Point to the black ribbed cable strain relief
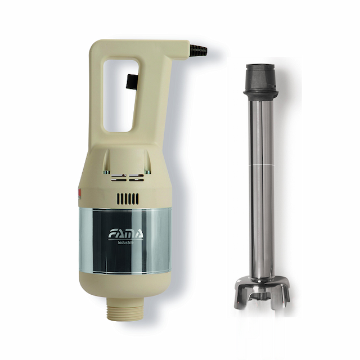[x=198, y=49]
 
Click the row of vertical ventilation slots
[x=127, y=199]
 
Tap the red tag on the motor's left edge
[x=80, y=195]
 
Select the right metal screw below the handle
[x=147, y=172]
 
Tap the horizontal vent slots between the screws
[x=127, y=178]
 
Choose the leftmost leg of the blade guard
[x=238, y=298]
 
